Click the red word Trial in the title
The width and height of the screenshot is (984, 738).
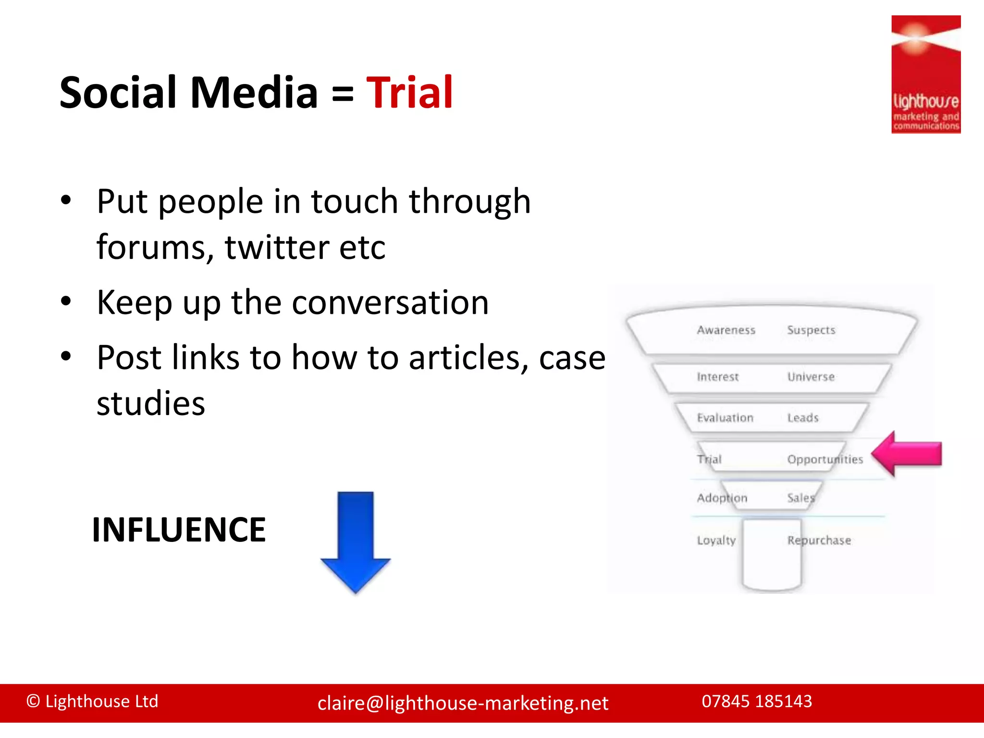[x=409, y=92]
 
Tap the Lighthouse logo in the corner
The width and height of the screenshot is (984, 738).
[x=925, y=74]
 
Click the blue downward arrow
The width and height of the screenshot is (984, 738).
[x=356, y=541]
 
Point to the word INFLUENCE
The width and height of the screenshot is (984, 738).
[x=179, y=530]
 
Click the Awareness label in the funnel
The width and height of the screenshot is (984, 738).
[x=726, y=330]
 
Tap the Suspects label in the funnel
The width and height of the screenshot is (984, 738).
[x=811, y=330]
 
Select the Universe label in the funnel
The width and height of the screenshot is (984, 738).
[x=811, y=377]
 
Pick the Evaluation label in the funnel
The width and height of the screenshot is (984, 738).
[x=725, y=418]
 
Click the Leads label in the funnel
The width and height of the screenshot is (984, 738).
[x=803, y=418]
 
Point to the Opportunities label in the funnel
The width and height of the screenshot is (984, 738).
[x=825, y=459]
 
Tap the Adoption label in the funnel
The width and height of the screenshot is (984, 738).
[x=722, y=498]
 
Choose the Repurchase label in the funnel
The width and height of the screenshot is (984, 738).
[x=819, y=541]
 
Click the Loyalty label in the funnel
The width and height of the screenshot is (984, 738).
[x=716, y=541]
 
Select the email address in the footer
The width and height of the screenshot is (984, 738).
[x=463, y=703]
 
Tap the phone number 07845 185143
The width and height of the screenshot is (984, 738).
[x=757, y=701]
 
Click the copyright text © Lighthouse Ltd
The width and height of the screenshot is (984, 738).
[x=92, y=701]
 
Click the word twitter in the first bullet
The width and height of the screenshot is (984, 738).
[x=277, y=247]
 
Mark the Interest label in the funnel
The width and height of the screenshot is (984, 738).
[x=717, y=377]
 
